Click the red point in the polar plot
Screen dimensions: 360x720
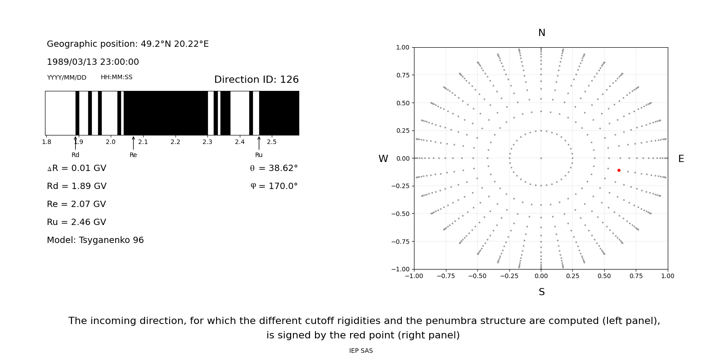(619, 170)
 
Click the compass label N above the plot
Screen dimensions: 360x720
(541, 33)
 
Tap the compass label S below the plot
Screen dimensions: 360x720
(541, 292)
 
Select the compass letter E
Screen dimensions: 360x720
(681, 159)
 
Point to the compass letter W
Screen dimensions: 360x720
(383, 159)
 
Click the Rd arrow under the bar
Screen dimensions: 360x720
(76, 143)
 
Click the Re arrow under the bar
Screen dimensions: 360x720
(133, 143)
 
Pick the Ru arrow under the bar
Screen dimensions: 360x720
(259, 143)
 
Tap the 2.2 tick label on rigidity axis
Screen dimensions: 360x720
(175, 142)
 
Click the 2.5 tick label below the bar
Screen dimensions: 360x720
(272, 142)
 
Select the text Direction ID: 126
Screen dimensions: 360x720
(256, 80)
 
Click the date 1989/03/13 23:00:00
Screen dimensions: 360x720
(93, 62)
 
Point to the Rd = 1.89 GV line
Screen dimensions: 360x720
(76, 186)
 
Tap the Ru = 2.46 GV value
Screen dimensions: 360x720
(76, 222)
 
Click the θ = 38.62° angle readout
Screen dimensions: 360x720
(274, 168)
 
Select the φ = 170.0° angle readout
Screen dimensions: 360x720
(274, 186)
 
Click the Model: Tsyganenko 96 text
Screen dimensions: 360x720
(95, 240)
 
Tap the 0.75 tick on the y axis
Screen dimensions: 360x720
(402, 75)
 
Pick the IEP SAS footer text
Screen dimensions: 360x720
(361, 351)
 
